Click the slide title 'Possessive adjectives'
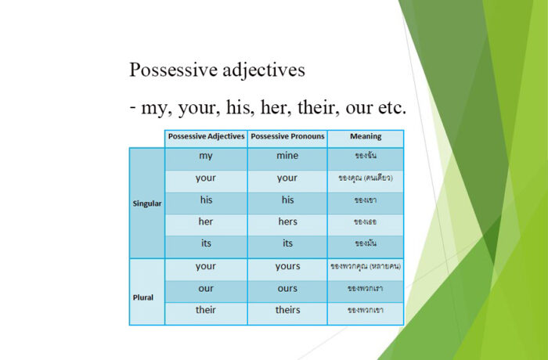point(217,70)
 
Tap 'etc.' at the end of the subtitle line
point(388,107)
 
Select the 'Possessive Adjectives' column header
point(206,137)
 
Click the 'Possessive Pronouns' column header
point(287,137)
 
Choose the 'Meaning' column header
point(366,137)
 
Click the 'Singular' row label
point(146,203)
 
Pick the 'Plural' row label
point(143,298)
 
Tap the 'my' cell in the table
point(206,156)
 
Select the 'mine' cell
point(287,156)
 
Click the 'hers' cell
point(287,221)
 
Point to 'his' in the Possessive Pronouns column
point(287,200)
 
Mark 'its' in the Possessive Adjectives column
point(206,243)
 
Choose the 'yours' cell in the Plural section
point(287,266)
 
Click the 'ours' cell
point(287,288)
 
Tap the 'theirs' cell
point(287,310)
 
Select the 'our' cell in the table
point(206,288)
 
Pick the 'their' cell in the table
point(206,310)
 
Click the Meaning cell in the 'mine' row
point(366,156)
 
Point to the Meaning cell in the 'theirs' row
point(366,310)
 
